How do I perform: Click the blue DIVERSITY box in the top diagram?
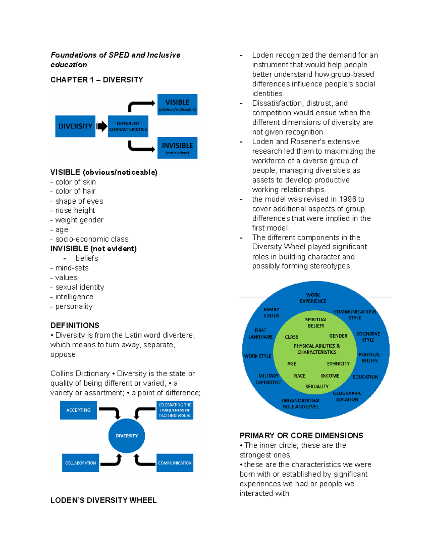pos(75,126)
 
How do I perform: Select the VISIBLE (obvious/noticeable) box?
pos(177,105)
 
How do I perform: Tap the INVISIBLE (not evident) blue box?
pos(177,148)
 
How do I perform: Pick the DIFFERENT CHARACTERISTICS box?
pos(128,126)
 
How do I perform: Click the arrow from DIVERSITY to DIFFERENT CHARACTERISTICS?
pos(102,126)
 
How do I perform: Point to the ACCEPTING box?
pos(78,410)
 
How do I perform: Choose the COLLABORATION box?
pos(80,463)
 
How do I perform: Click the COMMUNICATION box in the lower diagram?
pos(175,463)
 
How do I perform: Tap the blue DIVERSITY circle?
pos(127,436)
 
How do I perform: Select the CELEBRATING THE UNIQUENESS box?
pos(175,410)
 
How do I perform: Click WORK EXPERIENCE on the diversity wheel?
pos(313,298)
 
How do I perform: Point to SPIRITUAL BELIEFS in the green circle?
pos(316,323)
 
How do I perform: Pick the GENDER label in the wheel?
pos(338,336)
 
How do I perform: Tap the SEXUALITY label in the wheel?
pos(317,386)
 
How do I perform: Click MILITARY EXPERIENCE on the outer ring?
pos(268,379)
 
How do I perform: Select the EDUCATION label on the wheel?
pos(365,377)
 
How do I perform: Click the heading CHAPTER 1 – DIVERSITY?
pos(97,80)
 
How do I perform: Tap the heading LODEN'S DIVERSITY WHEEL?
pos(103,500)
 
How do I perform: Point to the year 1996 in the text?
pos(347,199)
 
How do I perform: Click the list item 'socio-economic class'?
pos(92,239)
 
